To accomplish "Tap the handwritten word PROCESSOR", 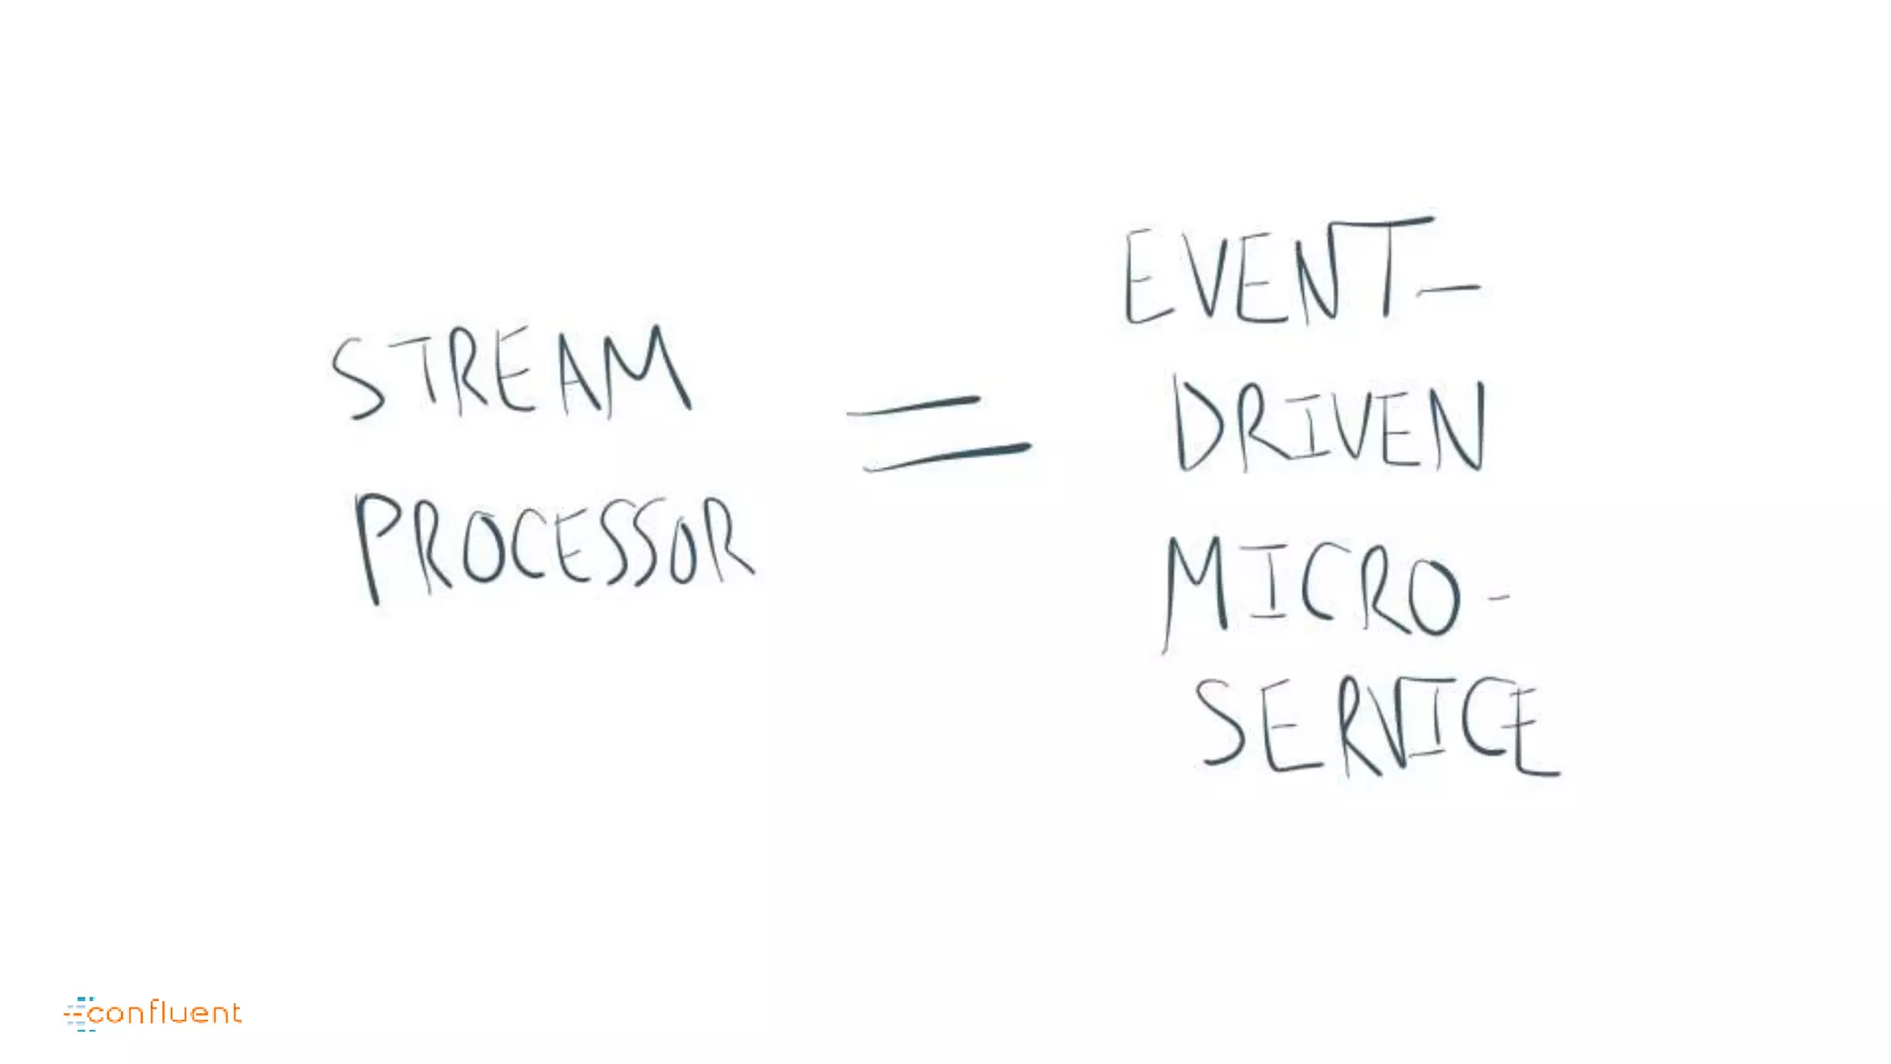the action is (554, 545).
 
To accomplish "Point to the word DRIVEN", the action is (1330, 428).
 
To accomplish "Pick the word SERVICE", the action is (1376, 727).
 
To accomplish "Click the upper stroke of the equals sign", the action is (914, 406).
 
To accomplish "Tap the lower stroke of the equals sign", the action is (946, 455).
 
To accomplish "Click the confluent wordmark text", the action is (166, 1013).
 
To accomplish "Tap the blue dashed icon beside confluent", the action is (79, 1013).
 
